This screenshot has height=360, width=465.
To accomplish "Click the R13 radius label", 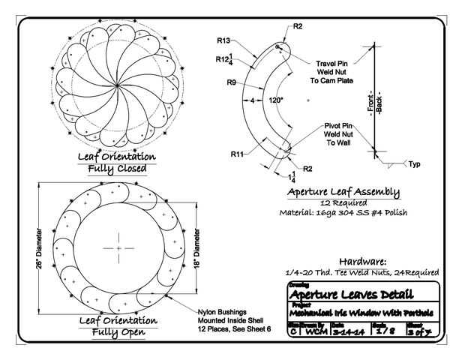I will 223,40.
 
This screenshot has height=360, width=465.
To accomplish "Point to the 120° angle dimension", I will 276,100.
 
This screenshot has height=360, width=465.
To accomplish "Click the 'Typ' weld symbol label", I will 414,163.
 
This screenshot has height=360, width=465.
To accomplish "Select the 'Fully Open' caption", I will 117,331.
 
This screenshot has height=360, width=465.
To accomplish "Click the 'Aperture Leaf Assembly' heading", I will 343,192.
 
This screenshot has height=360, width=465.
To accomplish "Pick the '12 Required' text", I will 343,202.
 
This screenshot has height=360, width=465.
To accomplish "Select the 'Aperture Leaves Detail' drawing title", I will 363,294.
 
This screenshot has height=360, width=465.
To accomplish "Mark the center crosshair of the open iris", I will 118,247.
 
